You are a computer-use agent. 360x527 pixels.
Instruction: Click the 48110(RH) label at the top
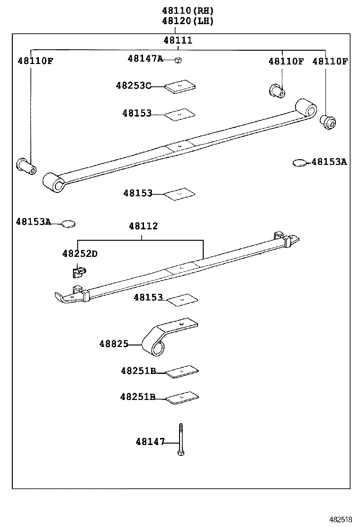click(x=188, y=10)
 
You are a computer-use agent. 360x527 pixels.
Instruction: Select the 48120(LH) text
click(x=188, y=21)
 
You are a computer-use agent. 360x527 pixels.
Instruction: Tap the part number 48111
click(x=178, y=40)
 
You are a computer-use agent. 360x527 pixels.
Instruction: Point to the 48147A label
click(x=145, y=58)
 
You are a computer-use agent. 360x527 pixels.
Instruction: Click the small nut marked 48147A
click(x=179, y=59)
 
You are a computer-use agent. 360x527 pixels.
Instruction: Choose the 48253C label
click(x=133, y=85)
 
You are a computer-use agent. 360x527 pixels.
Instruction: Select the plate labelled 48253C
click(x=180, y=86)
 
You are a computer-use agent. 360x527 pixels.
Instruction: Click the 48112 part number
click(x=143, y=226)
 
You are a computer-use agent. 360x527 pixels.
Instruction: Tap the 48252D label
click(x=80, y=254)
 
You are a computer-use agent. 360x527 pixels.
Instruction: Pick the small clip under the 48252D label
click(x=79, y=272)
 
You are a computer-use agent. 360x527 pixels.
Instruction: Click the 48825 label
click(x=114, y=344)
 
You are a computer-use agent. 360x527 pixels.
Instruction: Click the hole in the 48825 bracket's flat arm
click(x=180, y=324)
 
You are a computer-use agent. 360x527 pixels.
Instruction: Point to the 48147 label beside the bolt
click(x=150, y=442)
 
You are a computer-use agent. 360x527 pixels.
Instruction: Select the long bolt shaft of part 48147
click(x=180, y=436)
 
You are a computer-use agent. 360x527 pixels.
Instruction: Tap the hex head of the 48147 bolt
click(x=180, y=454)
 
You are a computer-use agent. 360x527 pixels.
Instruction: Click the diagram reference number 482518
click(x=341, y=519)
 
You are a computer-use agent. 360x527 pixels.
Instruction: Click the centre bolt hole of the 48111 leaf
click(x=179, y=145)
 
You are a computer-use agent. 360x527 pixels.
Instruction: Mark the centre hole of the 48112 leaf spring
click(x=180, y=267)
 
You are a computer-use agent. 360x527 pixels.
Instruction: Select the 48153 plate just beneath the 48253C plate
click(x=180, y=114)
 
